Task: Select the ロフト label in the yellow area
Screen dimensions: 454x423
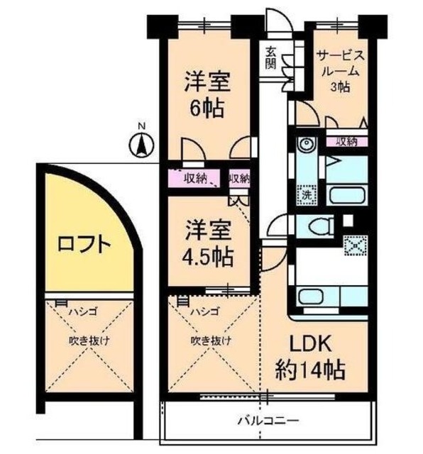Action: pyautogui.click(x=84, y=245)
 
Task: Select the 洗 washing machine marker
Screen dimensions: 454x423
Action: pyautogui.click(x=307, y=194)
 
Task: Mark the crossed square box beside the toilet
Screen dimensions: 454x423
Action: pyautogui.click(x=352, y=247)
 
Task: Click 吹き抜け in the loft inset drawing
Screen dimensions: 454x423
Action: pyautogui.click(x=89, y=340)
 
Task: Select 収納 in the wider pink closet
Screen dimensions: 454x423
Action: pyautogui.click(x=196, y=178)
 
